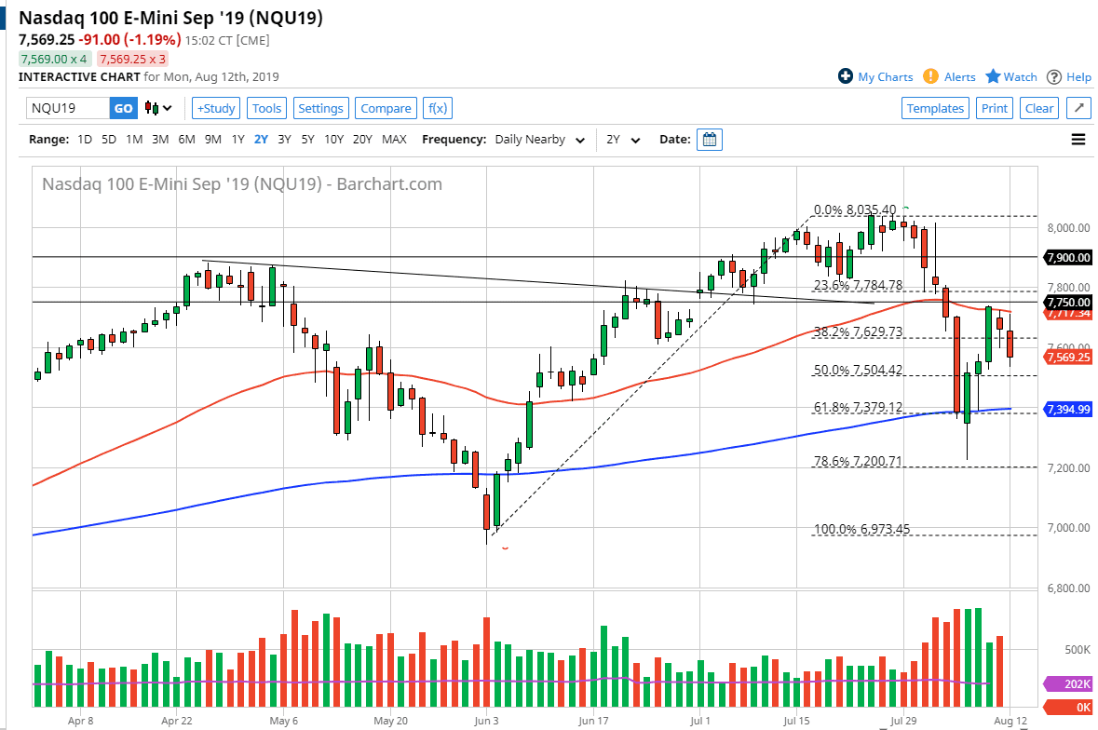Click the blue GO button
123,108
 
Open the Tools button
266,108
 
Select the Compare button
386,108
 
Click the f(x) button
437,108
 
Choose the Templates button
935,108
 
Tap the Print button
994,108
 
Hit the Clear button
1039,108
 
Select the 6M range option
186,140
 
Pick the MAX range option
394,140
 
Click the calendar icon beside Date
710,140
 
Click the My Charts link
875,77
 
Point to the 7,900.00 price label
1067,257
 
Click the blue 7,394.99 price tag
1067,409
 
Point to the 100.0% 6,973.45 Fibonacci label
861,530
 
